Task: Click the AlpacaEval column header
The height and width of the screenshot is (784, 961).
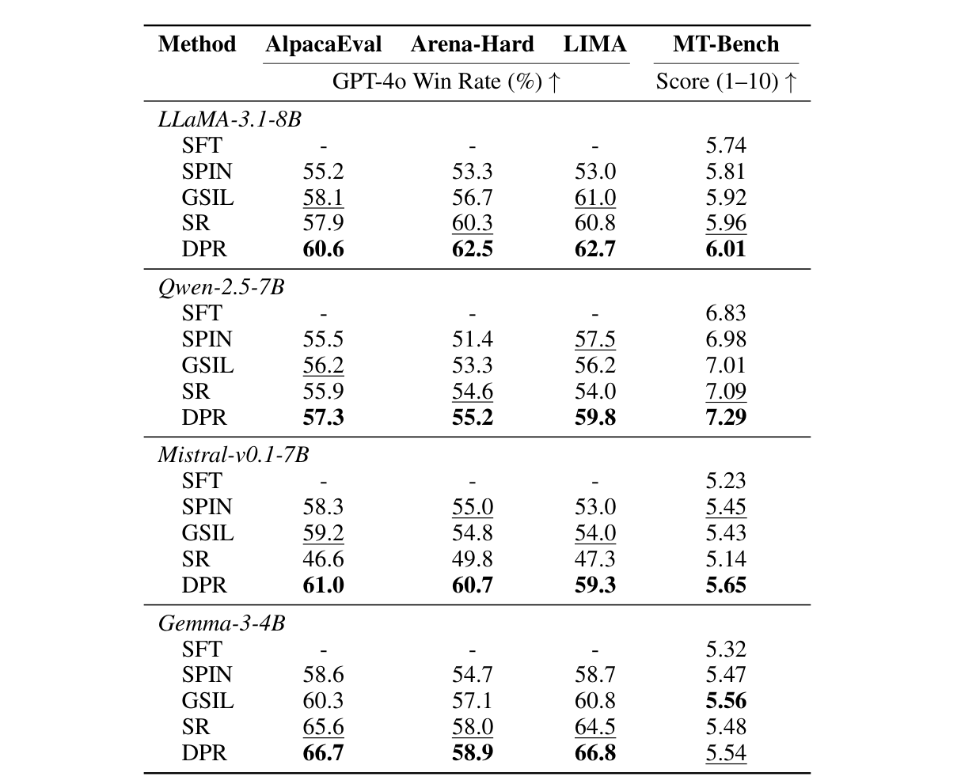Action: (x=323, y=44)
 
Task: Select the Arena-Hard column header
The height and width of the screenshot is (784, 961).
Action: (x=472, y=44)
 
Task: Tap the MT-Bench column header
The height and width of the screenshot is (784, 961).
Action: (x=725, y=44)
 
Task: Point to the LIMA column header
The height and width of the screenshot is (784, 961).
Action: (x=594, y=44)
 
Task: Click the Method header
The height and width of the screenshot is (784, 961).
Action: (x=197, y=44)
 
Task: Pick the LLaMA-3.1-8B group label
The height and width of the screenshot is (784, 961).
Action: (x=230, y=119)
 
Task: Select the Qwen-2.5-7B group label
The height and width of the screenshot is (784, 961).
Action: (x=221, y=287)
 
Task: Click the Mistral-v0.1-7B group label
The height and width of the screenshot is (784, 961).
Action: (x=234, y=455)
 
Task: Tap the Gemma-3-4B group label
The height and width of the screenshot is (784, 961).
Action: (x=222, y=623)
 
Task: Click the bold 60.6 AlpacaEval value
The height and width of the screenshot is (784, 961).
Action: (x=323, y=249)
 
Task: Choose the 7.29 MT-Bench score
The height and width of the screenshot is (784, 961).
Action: (x=725, y=417)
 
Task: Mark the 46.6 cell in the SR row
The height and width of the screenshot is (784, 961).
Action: (x=323, y=559)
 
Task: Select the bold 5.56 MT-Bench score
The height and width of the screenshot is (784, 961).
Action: (x=725, y=701)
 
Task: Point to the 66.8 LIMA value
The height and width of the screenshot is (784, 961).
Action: (x=594, y=752)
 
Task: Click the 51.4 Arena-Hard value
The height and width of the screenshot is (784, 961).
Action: (x=472, y=339)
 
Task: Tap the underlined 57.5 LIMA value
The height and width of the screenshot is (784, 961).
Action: (x=594, y=339)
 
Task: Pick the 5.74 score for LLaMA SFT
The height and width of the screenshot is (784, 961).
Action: (x=725, y=146)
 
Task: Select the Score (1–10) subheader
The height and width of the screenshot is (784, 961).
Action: (x=725, y=82)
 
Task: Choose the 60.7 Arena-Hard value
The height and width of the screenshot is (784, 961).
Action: (x=472, y=585)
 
